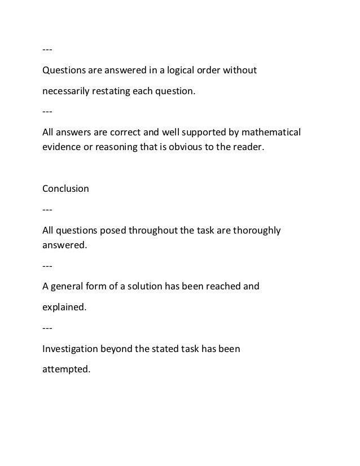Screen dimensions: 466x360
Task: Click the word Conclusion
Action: point(65,188)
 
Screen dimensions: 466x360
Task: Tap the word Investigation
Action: point(71,349)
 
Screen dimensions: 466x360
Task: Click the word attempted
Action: point(66,371)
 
